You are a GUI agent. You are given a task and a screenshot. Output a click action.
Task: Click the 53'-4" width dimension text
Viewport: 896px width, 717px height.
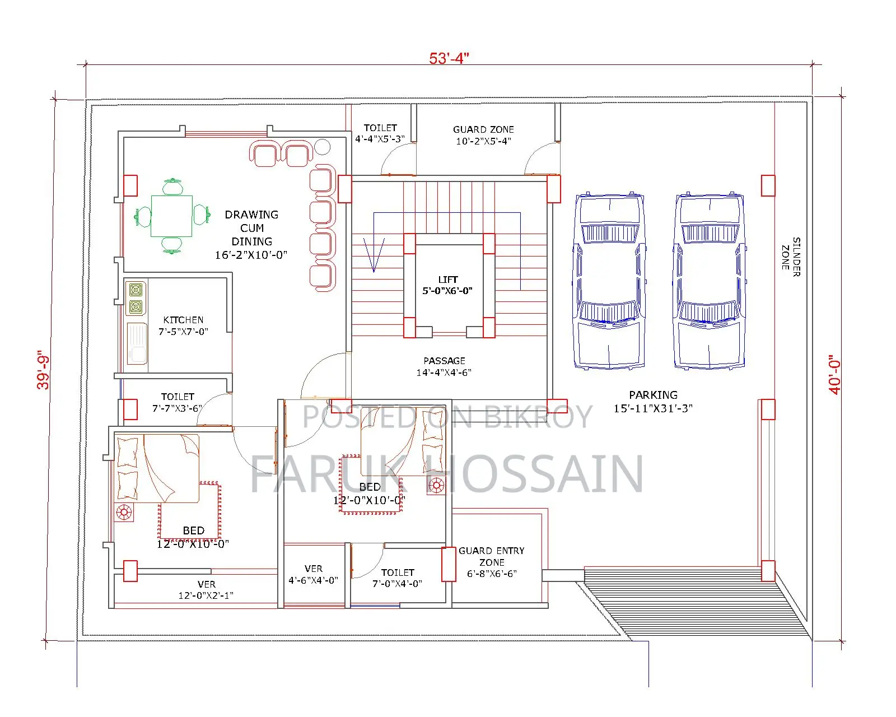449,58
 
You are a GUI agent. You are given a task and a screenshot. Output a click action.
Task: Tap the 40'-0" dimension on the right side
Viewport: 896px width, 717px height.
834,375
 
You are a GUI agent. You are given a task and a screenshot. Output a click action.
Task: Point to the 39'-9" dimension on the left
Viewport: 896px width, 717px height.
43,370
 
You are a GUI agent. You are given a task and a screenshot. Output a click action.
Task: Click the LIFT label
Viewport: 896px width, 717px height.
447,280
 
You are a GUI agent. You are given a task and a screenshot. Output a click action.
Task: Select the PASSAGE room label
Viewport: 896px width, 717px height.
444,361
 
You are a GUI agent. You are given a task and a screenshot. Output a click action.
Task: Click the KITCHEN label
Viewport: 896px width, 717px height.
183,320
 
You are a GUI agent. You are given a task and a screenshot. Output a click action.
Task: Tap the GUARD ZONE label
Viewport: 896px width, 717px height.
483,129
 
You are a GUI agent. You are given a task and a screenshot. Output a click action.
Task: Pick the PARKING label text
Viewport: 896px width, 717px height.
654,395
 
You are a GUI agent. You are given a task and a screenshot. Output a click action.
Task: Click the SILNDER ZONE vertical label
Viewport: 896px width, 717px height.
791,257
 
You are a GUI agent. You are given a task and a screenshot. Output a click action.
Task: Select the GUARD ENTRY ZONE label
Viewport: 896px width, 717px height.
492,557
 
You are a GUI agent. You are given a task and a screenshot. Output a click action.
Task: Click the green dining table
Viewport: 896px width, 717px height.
171,216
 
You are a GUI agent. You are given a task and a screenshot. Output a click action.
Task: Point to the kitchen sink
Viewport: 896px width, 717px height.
137,343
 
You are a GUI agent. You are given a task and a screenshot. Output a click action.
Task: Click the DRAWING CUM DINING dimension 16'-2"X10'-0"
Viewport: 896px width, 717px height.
251,255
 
